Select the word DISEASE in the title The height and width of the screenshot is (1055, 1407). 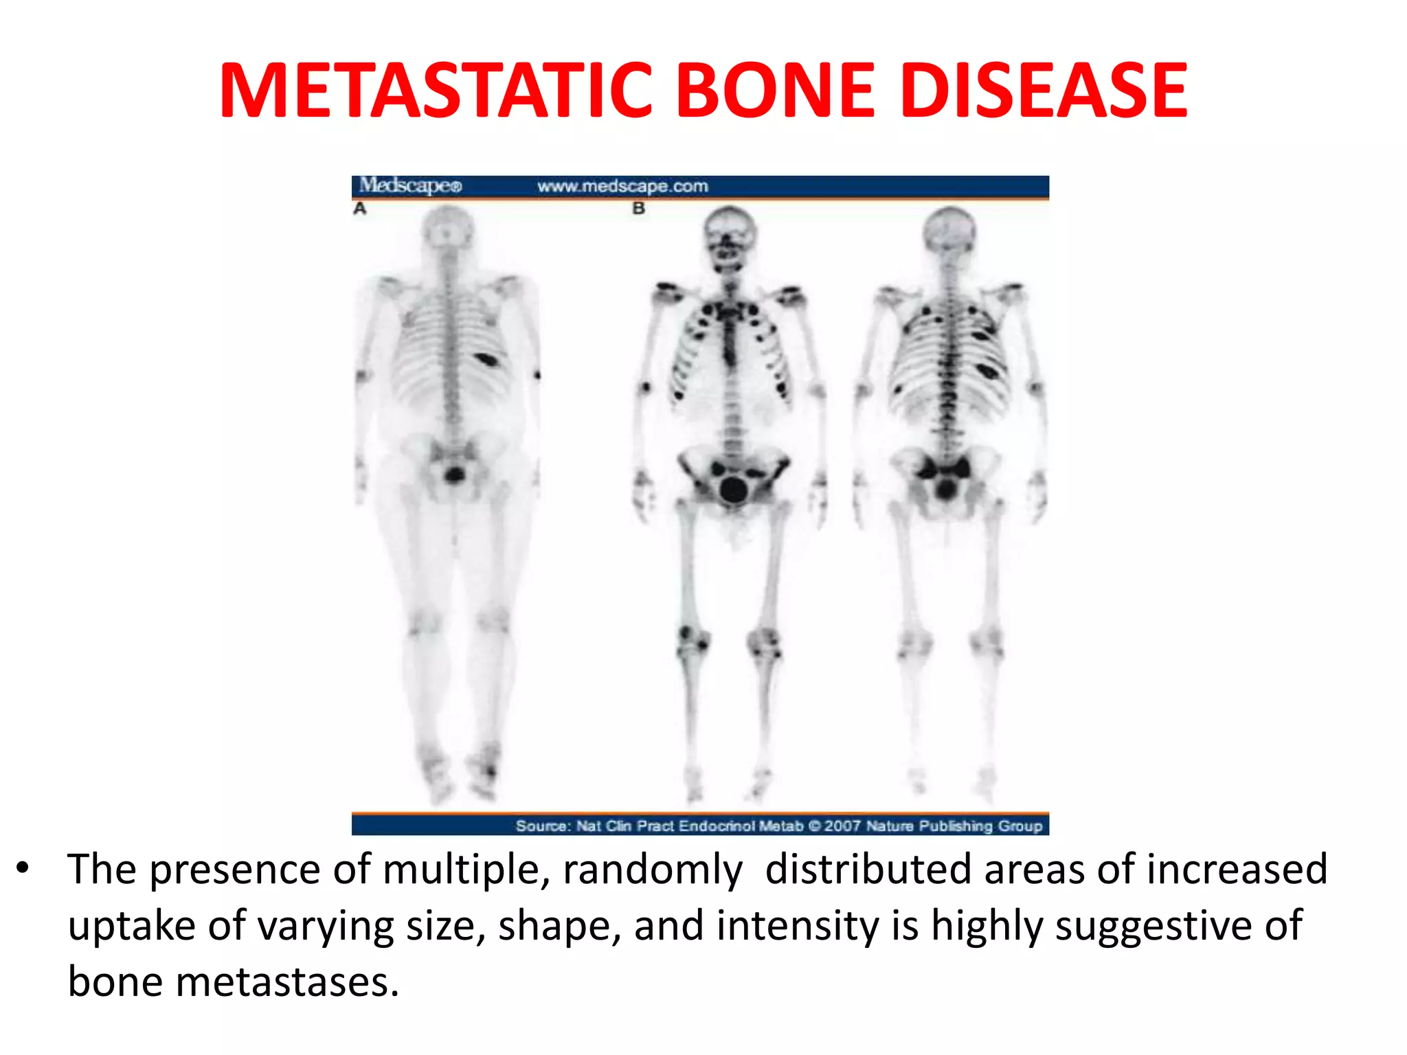[1044, 91]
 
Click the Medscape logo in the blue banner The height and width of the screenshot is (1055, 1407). [411, 185]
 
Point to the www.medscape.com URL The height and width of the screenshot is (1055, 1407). [622, 186]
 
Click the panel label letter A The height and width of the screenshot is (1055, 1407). [360, 208]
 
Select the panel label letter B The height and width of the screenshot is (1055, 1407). [639, 208]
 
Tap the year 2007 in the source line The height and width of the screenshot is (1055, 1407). [842, 826]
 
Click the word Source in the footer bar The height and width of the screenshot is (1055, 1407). [542, 826]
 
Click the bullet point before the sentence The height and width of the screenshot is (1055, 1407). [23, 868]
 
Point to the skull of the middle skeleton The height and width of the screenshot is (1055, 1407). [730, 234]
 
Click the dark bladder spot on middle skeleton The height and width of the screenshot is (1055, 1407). [734, 489]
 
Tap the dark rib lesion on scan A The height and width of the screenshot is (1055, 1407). [487, 359]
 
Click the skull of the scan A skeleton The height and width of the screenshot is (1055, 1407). [448, 227]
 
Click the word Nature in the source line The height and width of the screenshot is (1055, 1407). [890, 826]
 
